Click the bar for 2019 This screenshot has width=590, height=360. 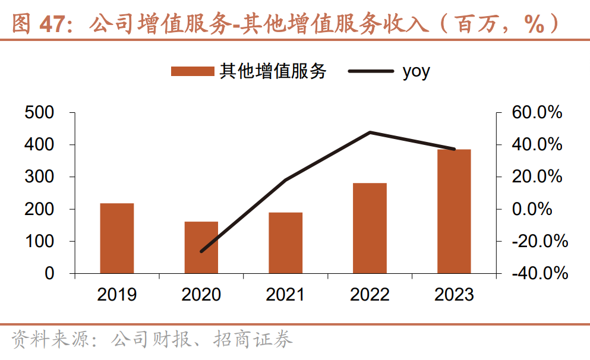pyautogui.click(x=116, y=238)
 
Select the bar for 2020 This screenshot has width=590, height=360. pyautogui.click(x=201, y=248)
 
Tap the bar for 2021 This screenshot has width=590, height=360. pyautogui.click(x=285, y=243)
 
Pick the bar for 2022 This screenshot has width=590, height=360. pyautogui.click(x=370, y=228)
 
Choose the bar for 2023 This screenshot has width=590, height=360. pyautogui.click(x=454, y=211)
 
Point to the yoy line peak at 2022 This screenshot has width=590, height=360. pyautogui.click(x=370, y=132)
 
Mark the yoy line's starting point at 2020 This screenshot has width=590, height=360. pyautogui.click(x=201, y=251)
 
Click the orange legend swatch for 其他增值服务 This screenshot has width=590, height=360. pyautogui.click(x=192, y=71)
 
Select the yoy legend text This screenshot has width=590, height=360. pyautogui.click(x=416, y=71)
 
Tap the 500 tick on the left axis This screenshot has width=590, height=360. pyautogui.click(x=40, y=112)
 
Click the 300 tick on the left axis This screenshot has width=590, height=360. pyautogui.click(x=40, y=177)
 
